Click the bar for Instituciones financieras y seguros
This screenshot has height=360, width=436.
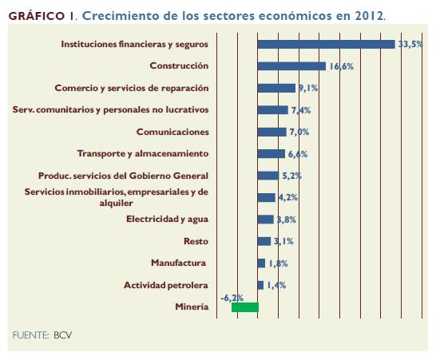click(326, 44)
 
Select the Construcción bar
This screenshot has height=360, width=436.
click(291, 66)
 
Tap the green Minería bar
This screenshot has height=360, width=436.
click(245, 307)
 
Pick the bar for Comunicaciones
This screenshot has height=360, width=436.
click(272, 132)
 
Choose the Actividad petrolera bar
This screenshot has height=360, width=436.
click(260, 285)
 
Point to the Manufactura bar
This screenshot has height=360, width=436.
click(261, 263)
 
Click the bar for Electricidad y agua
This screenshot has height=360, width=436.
click(266, 220)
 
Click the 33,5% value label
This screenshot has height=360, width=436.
click(410, 44)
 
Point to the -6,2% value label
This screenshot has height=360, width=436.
click(232, 298)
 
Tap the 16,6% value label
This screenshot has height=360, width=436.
click(342, 66)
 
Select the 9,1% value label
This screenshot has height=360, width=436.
click(308, 88)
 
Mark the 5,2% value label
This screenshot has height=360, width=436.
click(292, 176)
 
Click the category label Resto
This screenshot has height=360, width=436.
click(196, 241)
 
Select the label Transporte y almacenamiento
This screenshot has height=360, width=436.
click(143, 154)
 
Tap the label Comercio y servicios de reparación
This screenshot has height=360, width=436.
click(132, 88)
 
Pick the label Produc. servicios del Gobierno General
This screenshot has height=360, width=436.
click(123, 176)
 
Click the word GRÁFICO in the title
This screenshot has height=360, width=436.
click(37, 16)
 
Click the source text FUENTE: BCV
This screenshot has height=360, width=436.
click(42, 335)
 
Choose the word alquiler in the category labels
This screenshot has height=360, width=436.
click(117, 203)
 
